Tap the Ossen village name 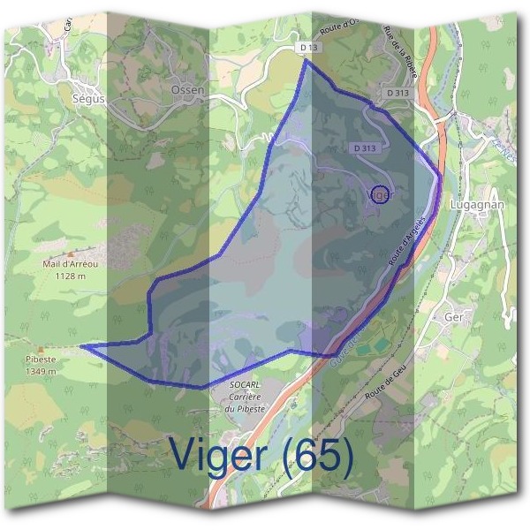(x=186, y=91)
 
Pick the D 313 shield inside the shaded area (x=364, y=148)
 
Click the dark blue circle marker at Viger (x=379, y=194)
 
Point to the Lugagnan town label (x=476, y=203)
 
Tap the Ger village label (x=455, y=316)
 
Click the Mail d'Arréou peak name (x=68, y=263)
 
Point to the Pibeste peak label (x=39, y=360)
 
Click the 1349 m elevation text (x=39, y=372)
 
